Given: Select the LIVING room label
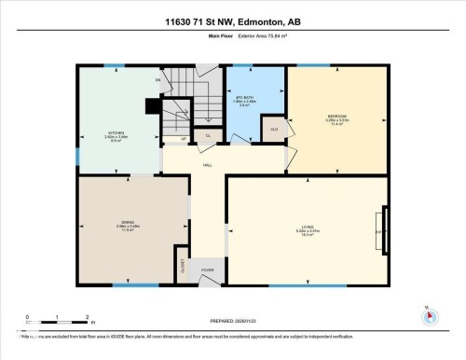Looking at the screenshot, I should coord(308,226).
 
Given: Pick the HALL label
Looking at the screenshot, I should coord(208,164).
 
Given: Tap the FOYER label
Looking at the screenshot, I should coord(208,271).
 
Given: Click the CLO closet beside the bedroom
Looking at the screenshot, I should coord(275,129).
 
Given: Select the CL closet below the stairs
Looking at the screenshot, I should coord(208,136).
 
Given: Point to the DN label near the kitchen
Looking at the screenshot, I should coord(158,81).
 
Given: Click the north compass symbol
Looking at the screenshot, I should coord(428,315).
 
